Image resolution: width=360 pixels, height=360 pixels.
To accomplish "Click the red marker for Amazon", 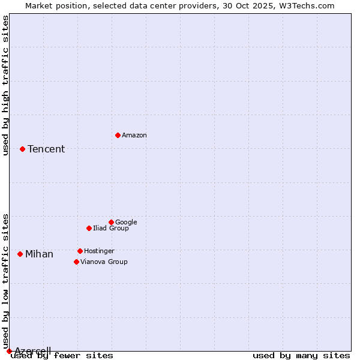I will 118,135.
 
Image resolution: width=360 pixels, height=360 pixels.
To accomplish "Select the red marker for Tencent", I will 22,149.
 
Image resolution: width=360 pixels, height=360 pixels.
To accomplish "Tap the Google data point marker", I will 111,222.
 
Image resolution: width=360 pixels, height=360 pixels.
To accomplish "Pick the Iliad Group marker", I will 89,228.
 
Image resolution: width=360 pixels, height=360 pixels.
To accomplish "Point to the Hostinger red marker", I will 80,251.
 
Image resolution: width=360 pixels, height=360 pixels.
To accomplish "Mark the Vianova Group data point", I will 76,262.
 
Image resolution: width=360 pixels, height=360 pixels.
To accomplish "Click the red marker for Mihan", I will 20,254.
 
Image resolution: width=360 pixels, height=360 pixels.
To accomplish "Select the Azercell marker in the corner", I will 9,351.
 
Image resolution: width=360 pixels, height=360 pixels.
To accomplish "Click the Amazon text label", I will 134,136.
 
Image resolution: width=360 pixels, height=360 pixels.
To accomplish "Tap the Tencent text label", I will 46,149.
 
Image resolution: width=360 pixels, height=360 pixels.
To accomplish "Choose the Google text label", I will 126,223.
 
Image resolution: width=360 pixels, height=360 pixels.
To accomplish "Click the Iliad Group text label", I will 111,229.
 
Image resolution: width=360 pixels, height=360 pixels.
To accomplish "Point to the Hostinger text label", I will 99,251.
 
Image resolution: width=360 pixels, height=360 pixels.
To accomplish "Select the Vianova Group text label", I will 104,262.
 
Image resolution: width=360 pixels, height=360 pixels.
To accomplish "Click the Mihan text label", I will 39,254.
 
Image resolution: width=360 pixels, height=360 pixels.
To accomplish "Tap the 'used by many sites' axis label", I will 301,356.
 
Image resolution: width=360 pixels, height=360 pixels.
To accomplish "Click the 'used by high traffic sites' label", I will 6,85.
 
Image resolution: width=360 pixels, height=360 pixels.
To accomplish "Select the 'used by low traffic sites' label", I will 6,281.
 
